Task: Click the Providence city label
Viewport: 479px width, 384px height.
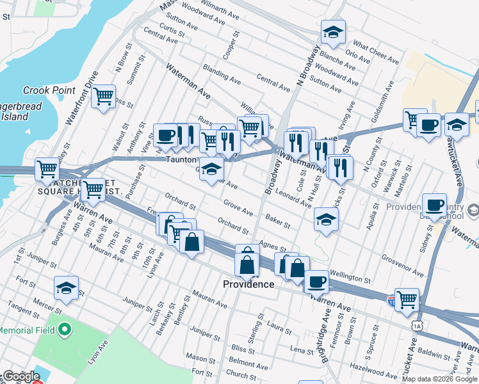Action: [248, 284]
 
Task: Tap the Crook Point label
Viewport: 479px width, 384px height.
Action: [49, 90]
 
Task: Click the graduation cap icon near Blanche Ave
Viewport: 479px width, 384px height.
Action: [332, 32]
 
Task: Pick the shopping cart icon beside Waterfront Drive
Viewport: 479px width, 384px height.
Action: [102, 98]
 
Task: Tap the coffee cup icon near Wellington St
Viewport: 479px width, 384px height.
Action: [315, 281]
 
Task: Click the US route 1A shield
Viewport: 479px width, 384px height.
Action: [418, 326]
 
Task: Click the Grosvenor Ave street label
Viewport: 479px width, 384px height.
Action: [402, 268]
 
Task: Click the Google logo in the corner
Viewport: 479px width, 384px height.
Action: [20, 376]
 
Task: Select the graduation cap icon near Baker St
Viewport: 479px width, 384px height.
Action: [326, 220]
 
